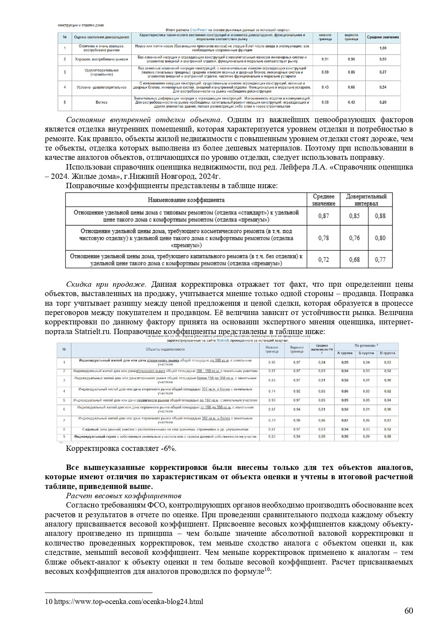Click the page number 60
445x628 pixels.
click(x=409, y=611)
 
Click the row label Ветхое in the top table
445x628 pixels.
click(x=101, y=103)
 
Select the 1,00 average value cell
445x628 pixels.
click(x=383, y=48)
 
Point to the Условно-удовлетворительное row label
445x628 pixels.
click(x=101, y=87)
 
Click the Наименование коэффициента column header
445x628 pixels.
click(x=186, y=200)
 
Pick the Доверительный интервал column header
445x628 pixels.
click(x=366, y=200)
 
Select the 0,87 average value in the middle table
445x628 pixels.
click(x=323, y=216)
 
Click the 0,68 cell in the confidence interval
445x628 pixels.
click(x=354, y=260)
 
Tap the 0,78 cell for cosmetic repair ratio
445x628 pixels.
click(x=323, y=238)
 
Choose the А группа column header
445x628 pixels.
click(x=345, y=353)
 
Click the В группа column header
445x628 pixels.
click(x=388, y=353)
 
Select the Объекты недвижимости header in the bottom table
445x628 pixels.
click(x=165, y=349)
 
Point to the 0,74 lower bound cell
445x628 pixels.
click(x=272, y=391)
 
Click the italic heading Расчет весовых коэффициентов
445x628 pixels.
click(x=124, y=496)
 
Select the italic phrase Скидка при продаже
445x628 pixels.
click(x=106, y=284)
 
